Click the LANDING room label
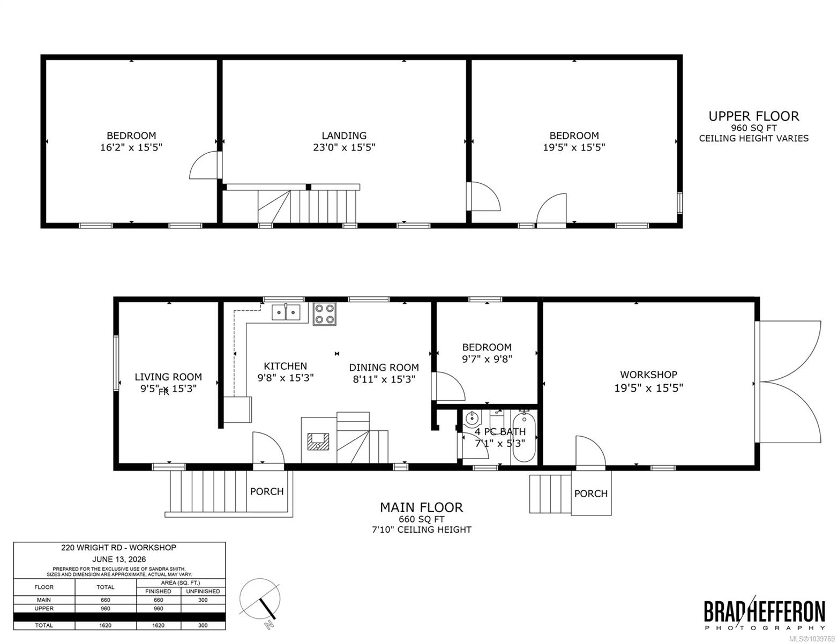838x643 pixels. pos(344,136)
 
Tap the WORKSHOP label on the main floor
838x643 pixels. pos(648,375)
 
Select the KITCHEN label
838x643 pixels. pos(286,366)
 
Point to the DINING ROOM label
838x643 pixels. pos(384,368)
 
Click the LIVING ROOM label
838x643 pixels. pos(168,377)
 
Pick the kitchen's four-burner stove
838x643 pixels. pos(324,314)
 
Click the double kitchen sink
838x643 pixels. pos(286,312)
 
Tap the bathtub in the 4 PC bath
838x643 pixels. pos(524,438)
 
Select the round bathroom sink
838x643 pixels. pos(472,418)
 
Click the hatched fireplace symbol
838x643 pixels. pos(319,442)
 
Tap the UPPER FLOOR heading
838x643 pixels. pos(753,116)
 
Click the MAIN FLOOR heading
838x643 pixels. pos(421,507)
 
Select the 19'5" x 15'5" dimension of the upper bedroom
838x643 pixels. pos(574,147)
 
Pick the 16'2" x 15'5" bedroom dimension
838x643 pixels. pos(131,147)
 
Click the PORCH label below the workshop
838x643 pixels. pos(591,494)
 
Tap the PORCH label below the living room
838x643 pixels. pos(267,491)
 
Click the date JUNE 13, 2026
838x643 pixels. pos(119,559)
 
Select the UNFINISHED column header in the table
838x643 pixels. pos(203,592)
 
